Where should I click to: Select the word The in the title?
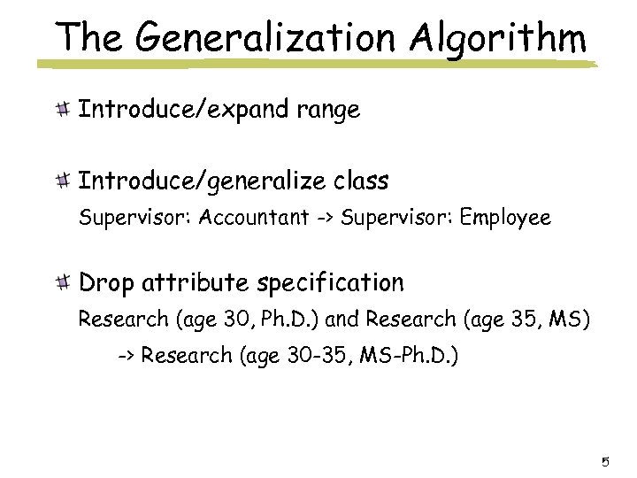coord(86,37)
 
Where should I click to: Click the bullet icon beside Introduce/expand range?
coord(63,110)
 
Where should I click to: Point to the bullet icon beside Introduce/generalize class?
coord(63,181)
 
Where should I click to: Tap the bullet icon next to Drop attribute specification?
coord(63,282)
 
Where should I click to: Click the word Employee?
coord(505,216)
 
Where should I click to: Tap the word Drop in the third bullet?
coord(108,282)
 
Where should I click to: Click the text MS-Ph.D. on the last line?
coord(411,358)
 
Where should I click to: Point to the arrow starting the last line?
coord(127,358)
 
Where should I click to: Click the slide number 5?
coord(605,461)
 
